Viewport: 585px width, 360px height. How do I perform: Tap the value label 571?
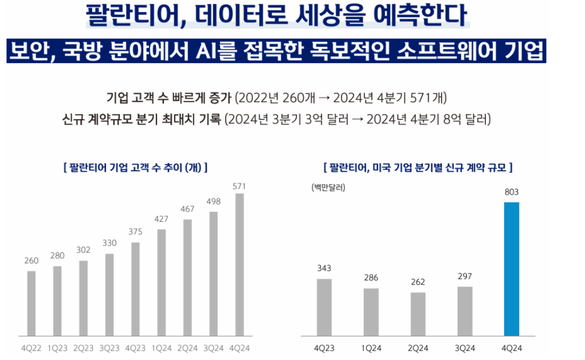240,186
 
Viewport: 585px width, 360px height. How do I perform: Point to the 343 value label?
324,268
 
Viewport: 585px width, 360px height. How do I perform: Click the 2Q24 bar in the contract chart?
418,314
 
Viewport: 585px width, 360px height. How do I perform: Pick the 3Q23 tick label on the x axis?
109,348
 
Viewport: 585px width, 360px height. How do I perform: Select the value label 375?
135,232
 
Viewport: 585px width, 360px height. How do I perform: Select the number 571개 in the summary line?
427,97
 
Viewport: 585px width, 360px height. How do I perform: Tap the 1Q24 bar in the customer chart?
162,282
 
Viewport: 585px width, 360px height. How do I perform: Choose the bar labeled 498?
214,273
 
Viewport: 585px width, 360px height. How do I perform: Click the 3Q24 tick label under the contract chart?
465,348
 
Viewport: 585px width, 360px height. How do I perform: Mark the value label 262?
418,282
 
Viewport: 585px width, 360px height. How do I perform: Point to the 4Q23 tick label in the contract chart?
324,348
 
